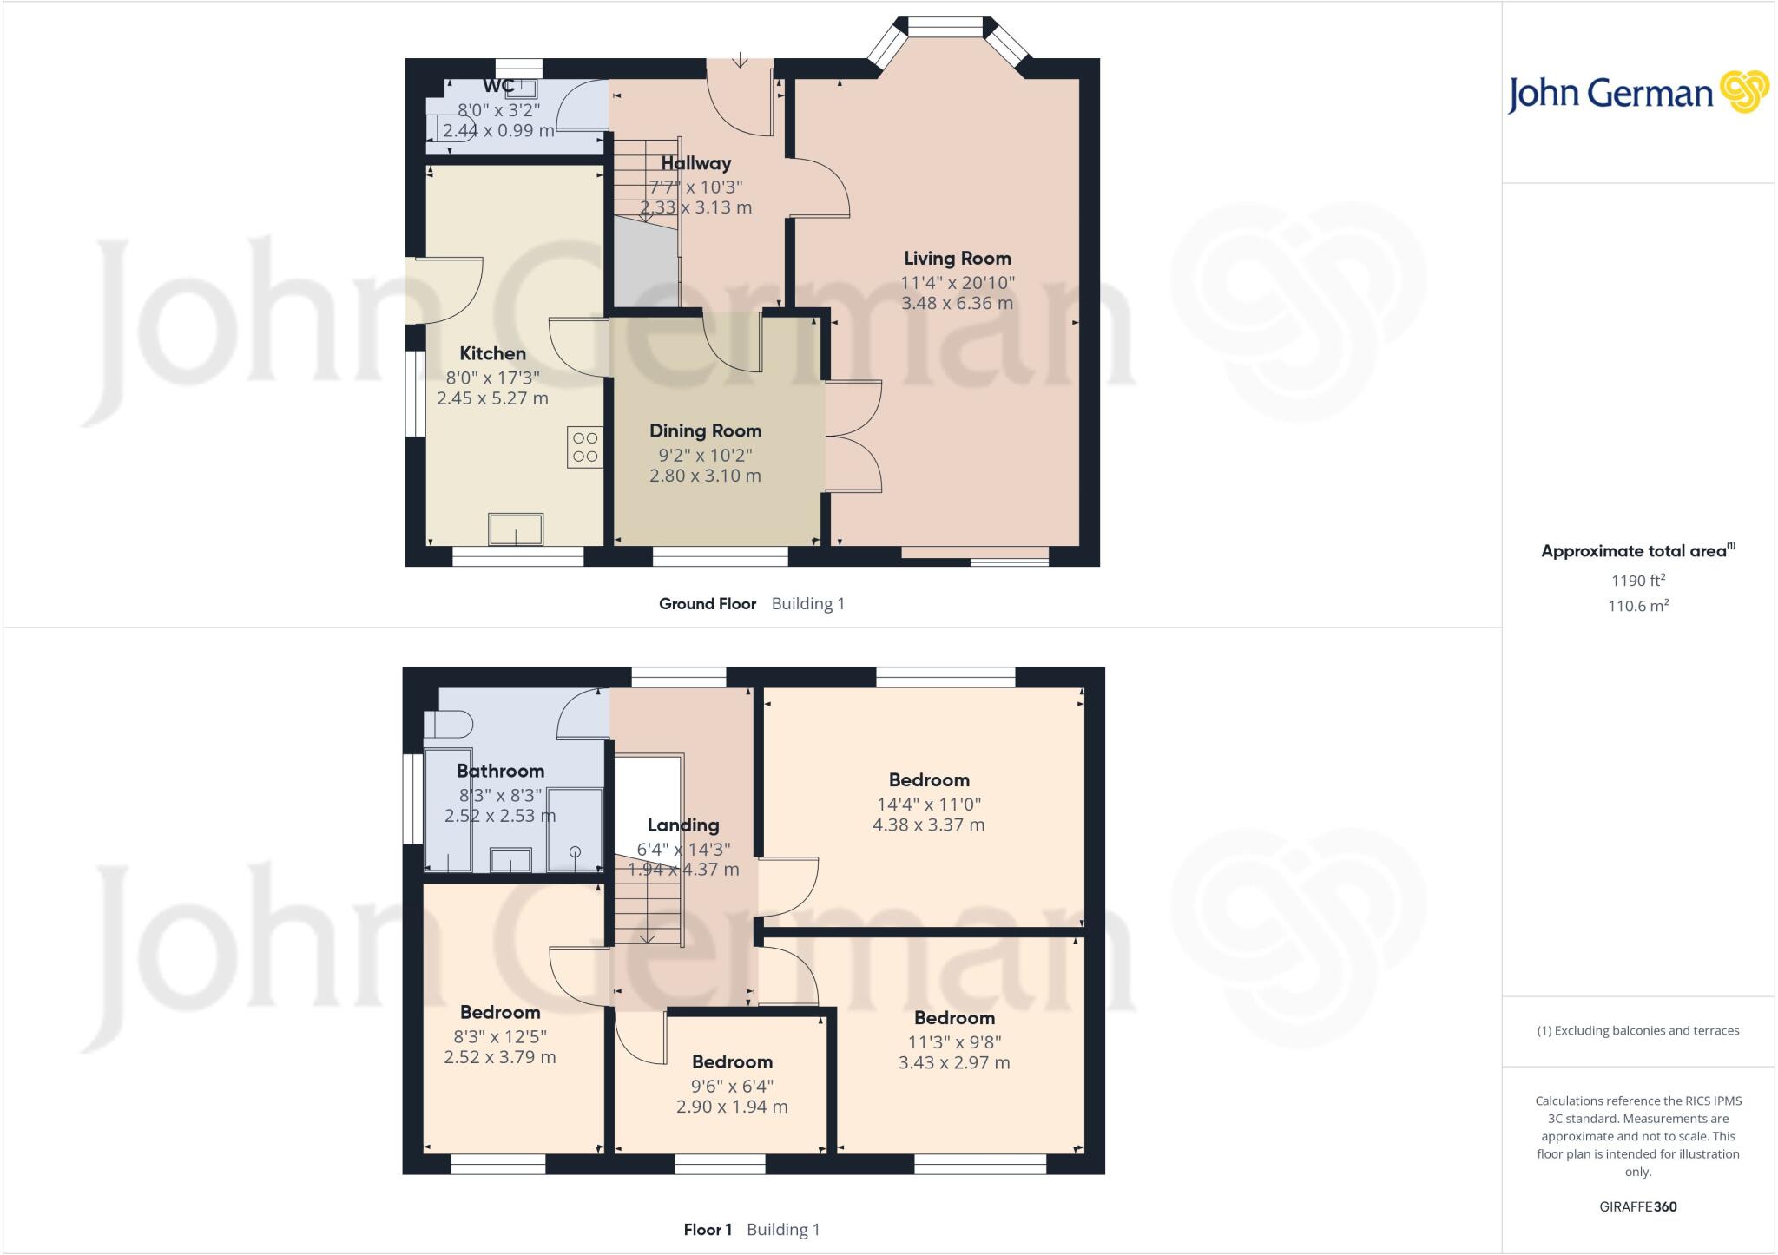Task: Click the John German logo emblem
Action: click(1744, 92)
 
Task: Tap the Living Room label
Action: click(957, 259)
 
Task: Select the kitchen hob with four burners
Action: click(585, 448)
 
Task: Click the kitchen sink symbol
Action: click(516, 529)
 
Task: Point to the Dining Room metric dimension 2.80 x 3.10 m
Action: click(705, 476)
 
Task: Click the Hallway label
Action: click(696, 163)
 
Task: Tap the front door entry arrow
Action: click(740, 60)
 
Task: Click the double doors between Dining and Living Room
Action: click(853, 437)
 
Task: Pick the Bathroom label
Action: click(500, 771)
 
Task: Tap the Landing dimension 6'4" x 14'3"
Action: click(683, 849)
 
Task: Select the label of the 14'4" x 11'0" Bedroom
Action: click(929, 780)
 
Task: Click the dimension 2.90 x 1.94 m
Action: click(732, 1107)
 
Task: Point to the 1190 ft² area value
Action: click(1638, 581)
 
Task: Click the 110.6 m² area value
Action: click(1638, 606)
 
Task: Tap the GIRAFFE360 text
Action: click(1637, 1206)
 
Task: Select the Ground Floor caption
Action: click(708, 604)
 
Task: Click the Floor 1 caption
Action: click(708, 1230)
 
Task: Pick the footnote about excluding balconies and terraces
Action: click(1637, 1031)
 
